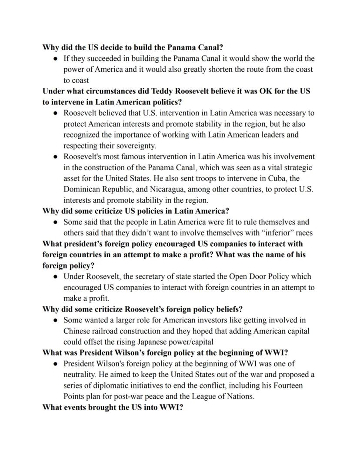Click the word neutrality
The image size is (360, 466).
click(x=81, y=375)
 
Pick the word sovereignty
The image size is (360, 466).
click(x=134, y=146)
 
